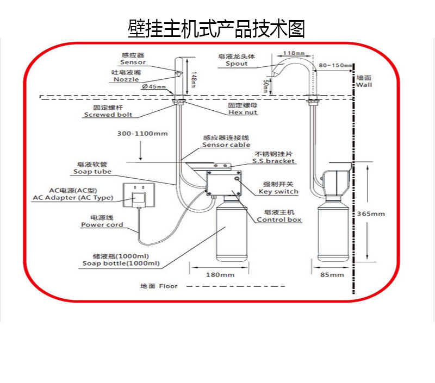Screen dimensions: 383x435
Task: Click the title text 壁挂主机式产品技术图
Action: (216, 28)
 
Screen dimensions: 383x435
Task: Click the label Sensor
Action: (134, 62)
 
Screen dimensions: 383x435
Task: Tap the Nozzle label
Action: (126, 79)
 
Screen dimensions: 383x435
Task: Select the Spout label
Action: (237, 64)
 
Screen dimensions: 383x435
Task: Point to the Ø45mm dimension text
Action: (154, 87)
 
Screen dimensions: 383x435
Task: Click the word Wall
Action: (364, 85)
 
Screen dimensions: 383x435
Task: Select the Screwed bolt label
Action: (108, 115)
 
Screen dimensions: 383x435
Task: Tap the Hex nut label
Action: (243, 112)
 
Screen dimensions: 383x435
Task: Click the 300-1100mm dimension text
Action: (142, 134)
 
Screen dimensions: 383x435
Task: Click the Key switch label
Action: (278, 192)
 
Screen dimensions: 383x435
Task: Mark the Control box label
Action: (279, 219)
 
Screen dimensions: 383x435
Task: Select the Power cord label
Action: (102, 224)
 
